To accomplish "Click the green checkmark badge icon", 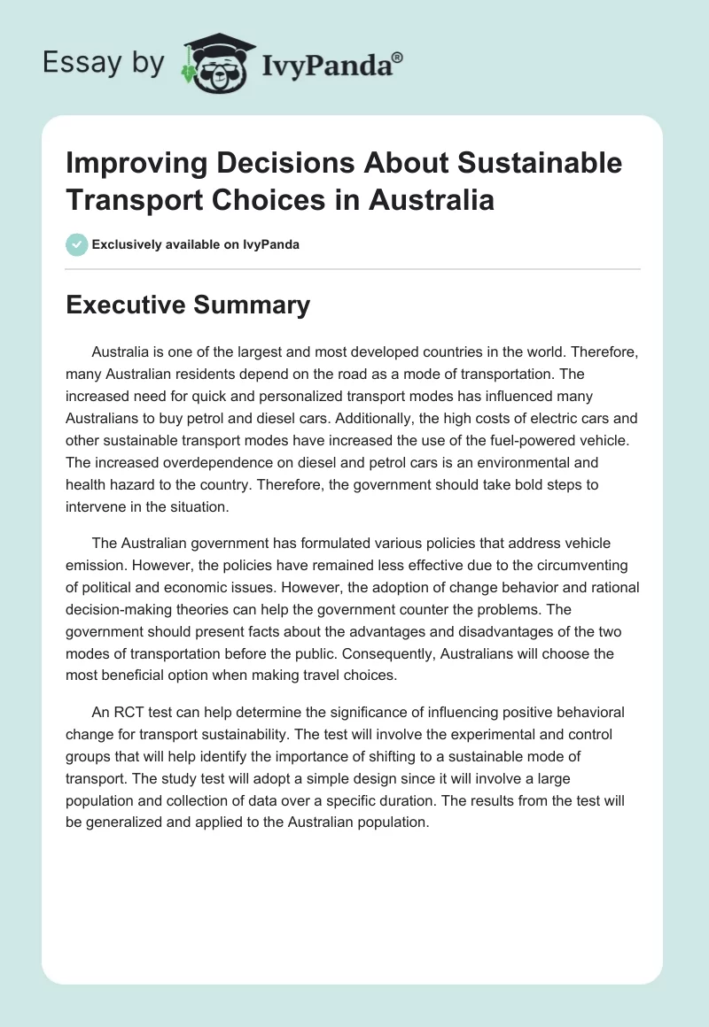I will (x=77, y=244).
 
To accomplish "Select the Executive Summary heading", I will (x=188, y=305).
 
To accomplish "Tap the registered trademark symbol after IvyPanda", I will (x=397, y=57).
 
